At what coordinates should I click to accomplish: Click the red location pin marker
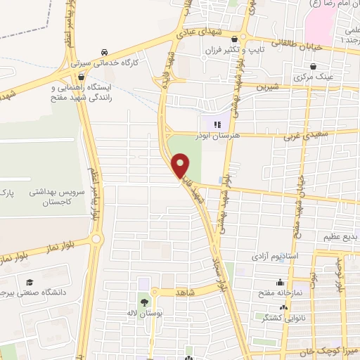pos(182,165)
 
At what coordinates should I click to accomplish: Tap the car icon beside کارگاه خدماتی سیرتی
pos(105,53)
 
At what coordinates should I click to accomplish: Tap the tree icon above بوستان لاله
pos(145,302)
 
